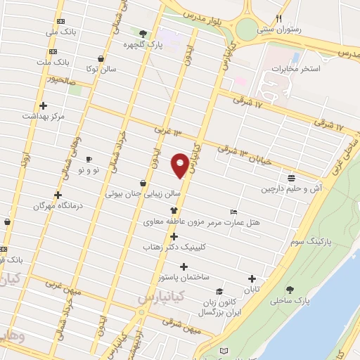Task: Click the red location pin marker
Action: click(180, 165)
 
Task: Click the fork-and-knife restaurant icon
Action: click(279, 18)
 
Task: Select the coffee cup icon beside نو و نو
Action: click(89, 159)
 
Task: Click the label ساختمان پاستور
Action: click(184, 278)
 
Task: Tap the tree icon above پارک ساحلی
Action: click(290, 289)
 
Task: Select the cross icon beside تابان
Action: click(252, 278)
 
